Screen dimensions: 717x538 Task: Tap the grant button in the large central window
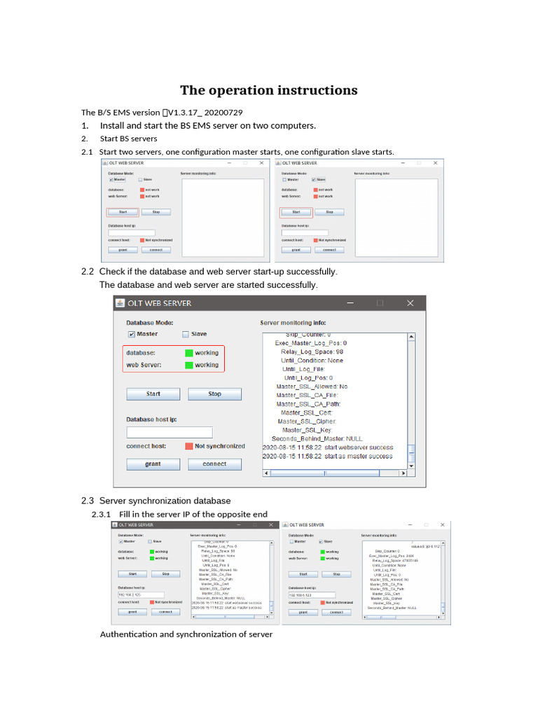tap(153, 464)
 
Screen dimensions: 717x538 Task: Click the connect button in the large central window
tap(214, 464)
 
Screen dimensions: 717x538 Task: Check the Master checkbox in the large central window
tap(131, 335)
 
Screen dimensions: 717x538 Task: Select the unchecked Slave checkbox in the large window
tap(186, 335)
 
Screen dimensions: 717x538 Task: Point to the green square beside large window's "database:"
tap(189, 353)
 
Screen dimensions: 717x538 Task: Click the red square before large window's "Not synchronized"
tap(189, 446)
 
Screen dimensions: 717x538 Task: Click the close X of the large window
tap(411, 303)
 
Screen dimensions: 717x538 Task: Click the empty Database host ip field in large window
tap(169, 432)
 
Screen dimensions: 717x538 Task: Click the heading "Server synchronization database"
tap(165, 501)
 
